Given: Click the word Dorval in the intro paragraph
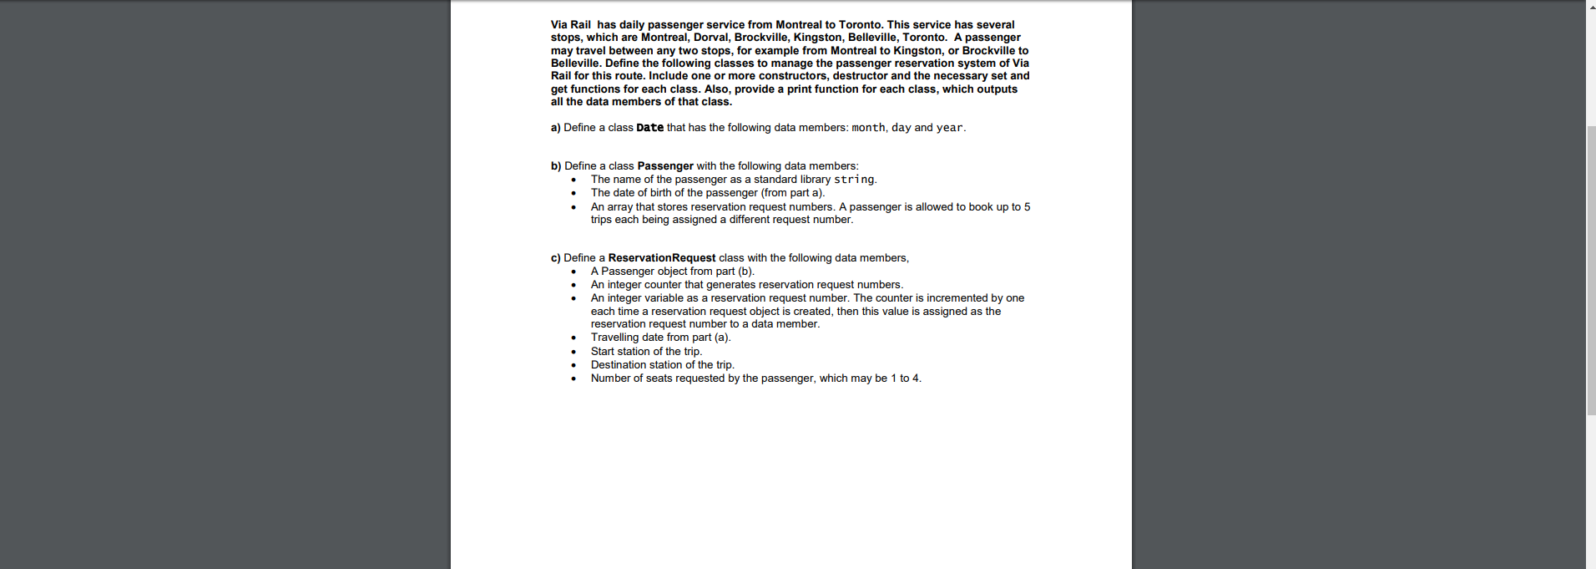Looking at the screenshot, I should tap(711, 38).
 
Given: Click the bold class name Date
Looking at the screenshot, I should tap(649, 128).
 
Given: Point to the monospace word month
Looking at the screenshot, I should tap(868, 128).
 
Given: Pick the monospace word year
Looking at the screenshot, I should tap(949, 128).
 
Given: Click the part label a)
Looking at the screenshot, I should tap(555, 128).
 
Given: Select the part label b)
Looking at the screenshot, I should tap(556, 166).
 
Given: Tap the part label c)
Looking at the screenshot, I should tap(555, 258).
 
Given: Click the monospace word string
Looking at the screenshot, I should tap(854, 180).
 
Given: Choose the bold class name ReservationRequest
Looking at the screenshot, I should tap(661, 258).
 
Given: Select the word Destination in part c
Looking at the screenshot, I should tap(619, 365).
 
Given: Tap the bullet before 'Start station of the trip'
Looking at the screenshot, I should tap(573, 352).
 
